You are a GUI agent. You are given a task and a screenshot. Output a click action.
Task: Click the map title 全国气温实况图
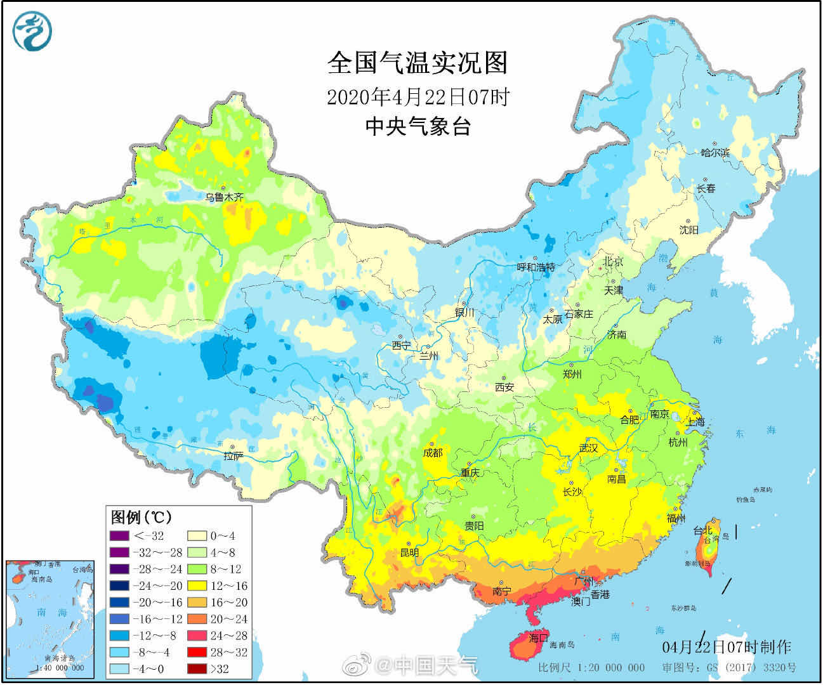click(x=418, y=63)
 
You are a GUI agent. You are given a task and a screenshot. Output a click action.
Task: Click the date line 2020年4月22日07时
click(x=418, y=96)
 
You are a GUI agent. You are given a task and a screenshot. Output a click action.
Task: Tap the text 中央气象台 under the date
click(x=418, y=126)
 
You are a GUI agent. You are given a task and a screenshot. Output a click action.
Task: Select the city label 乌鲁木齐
click(x=224, y=197)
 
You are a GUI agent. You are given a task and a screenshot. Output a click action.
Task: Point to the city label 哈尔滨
click(x=715, y=153)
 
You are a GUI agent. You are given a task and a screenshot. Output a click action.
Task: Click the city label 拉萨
click(x=233, y=455)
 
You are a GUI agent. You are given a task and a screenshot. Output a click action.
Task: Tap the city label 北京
click(x=613, y=261)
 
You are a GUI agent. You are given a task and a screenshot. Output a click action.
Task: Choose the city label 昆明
click(x=409, y=552)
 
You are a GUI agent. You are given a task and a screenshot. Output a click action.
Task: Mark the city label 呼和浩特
click(x=536, y=268)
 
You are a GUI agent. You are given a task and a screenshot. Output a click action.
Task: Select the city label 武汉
click(x=588, y=448)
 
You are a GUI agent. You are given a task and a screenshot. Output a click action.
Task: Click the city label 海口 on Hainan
click(x=538, y=637)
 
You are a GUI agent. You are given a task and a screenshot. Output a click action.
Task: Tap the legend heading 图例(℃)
click(x=141, y=516)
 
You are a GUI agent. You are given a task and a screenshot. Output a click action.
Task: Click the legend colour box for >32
click(x=197, y=669)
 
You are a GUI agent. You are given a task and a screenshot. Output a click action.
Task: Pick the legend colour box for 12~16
click(x=197, y=586)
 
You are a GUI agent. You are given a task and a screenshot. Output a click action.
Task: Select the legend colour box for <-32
click(x=119, y=536)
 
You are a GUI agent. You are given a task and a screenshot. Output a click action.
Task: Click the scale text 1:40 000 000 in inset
click(x=60, y=667)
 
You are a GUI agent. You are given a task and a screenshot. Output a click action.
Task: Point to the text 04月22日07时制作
click(x=727, y=647)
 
